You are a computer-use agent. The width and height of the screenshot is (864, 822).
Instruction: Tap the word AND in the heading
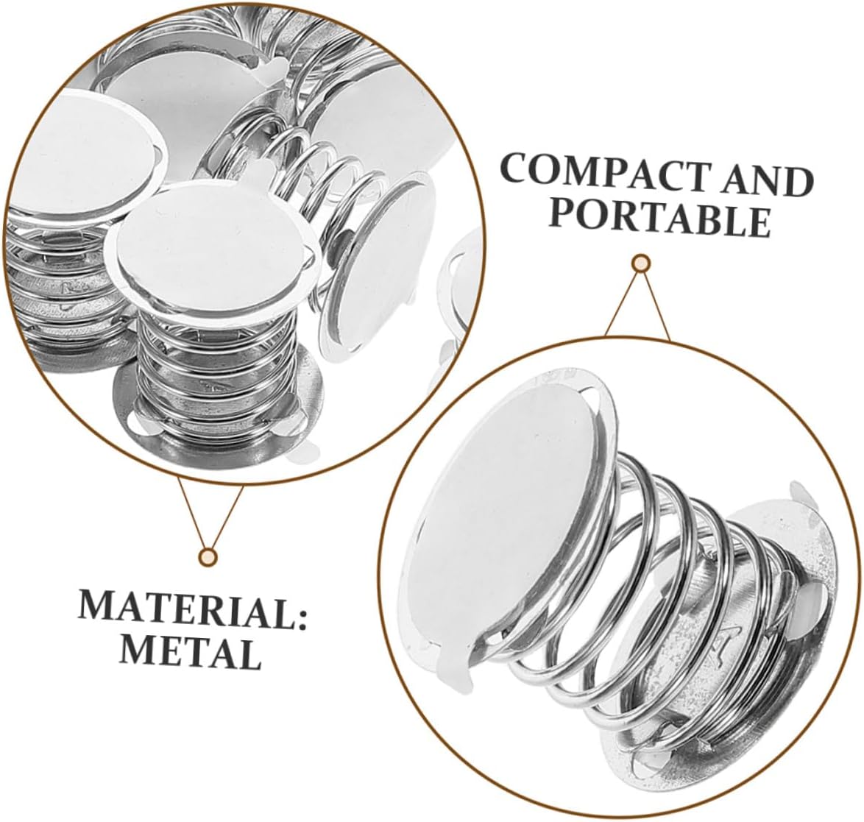click(x=767, y=180)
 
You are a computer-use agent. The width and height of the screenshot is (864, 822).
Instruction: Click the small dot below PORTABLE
click(x=642, y=263)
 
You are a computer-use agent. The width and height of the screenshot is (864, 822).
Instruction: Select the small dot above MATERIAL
click(x=210, y=556)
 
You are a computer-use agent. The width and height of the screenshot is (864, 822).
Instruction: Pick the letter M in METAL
click(x=135, y=648)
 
